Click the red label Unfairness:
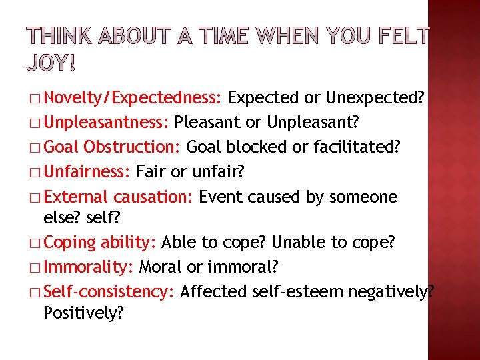(x=87, y=172)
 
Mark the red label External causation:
(x=119, y=197)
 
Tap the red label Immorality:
(x=89, y=267)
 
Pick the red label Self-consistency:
(x=109, y=291)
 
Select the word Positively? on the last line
(x=83, y=312)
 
